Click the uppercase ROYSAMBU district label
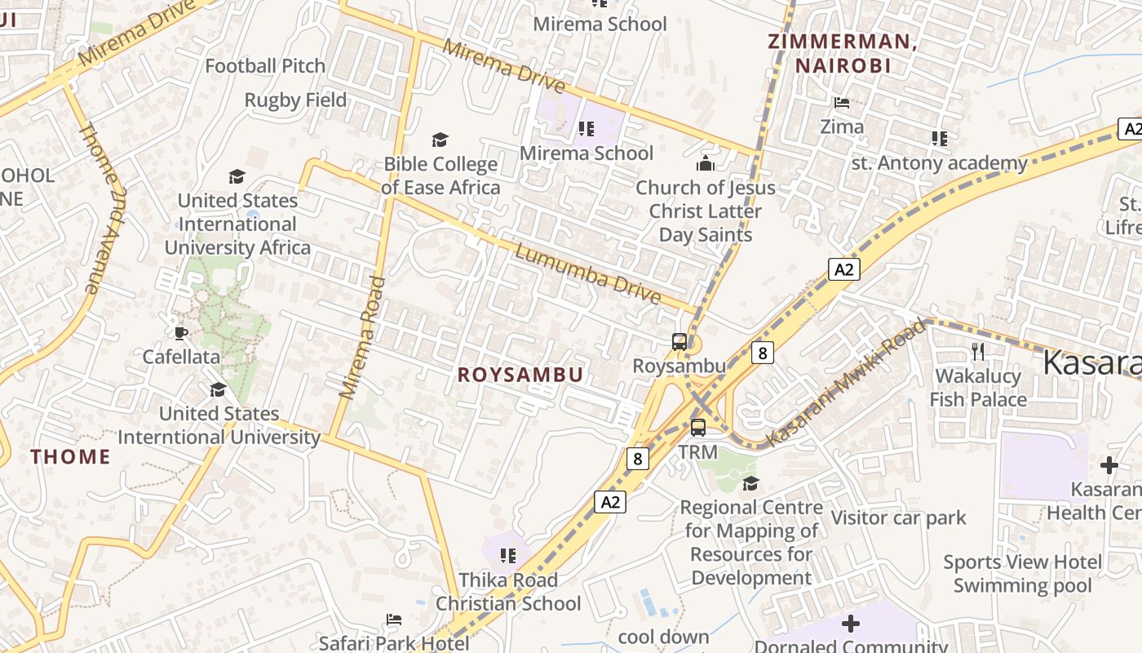pos(520,375)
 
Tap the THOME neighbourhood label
pos(71,456)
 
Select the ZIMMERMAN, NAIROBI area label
pos(843,54)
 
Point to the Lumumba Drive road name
pos(587,274)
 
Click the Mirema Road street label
pos(362,337)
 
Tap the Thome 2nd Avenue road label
pos(102,207)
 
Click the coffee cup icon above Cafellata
pos(181,333)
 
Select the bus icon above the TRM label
pos(698,427)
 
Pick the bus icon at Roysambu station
pos(679,342)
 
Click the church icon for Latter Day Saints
pos(706,164)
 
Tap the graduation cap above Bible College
pos(440,140)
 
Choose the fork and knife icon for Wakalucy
pos(978,352)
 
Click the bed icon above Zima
pos(842,103)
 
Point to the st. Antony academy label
pos(939,163)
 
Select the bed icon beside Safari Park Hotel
pos(394,620)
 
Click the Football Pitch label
pos(265,66)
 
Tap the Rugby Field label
pos(295,100)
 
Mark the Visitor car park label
pos(898,518)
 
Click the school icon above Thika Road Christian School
pos(508,556)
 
